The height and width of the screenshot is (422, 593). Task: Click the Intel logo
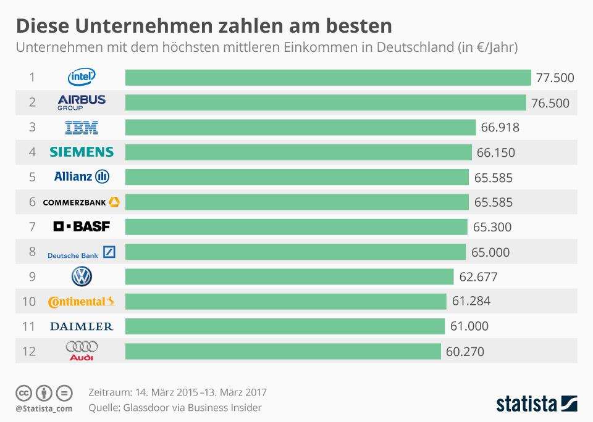pyautogui.click(x=82, y=77)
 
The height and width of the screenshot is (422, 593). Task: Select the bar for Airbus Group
pyautogui.click(x=326, y=102)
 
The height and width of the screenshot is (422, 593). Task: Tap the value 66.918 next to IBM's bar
pyautogui.click(x=500, y=128)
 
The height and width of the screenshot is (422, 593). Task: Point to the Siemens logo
pyautogui.click(x=82, y=152)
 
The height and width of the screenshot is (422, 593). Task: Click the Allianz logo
pyautogui.click(x=82, y=177)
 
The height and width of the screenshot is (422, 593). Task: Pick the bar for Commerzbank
pyautogui.click(x=296, y=202)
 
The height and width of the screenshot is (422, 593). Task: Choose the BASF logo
pyautogui.click(x=82, y=227)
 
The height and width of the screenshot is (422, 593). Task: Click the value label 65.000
pyautogui.click(x=490, y=252)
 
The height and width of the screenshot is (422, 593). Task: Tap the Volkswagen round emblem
pyautogui.click(x=82, y=277)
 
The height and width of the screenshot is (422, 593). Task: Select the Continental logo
pyautogui.click(x=82, y=302)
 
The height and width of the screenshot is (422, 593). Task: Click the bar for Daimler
pyautogui.click(x=285, y=326)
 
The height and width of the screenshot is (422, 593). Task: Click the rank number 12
pyautogui.click(x=29, y=352)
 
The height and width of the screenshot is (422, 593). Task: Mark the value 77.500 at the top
pyautogui.click(x=555, y=78)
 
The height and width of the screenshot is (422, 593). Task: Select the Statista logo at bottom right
pyautogui.click(x=537, y=403)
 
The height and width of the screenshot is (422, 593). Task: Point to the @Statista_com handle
pyautogui.click(x=44, y=408)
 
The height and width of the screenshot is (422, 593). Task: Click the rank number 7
pyautogui.click(x=32, y=227)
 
